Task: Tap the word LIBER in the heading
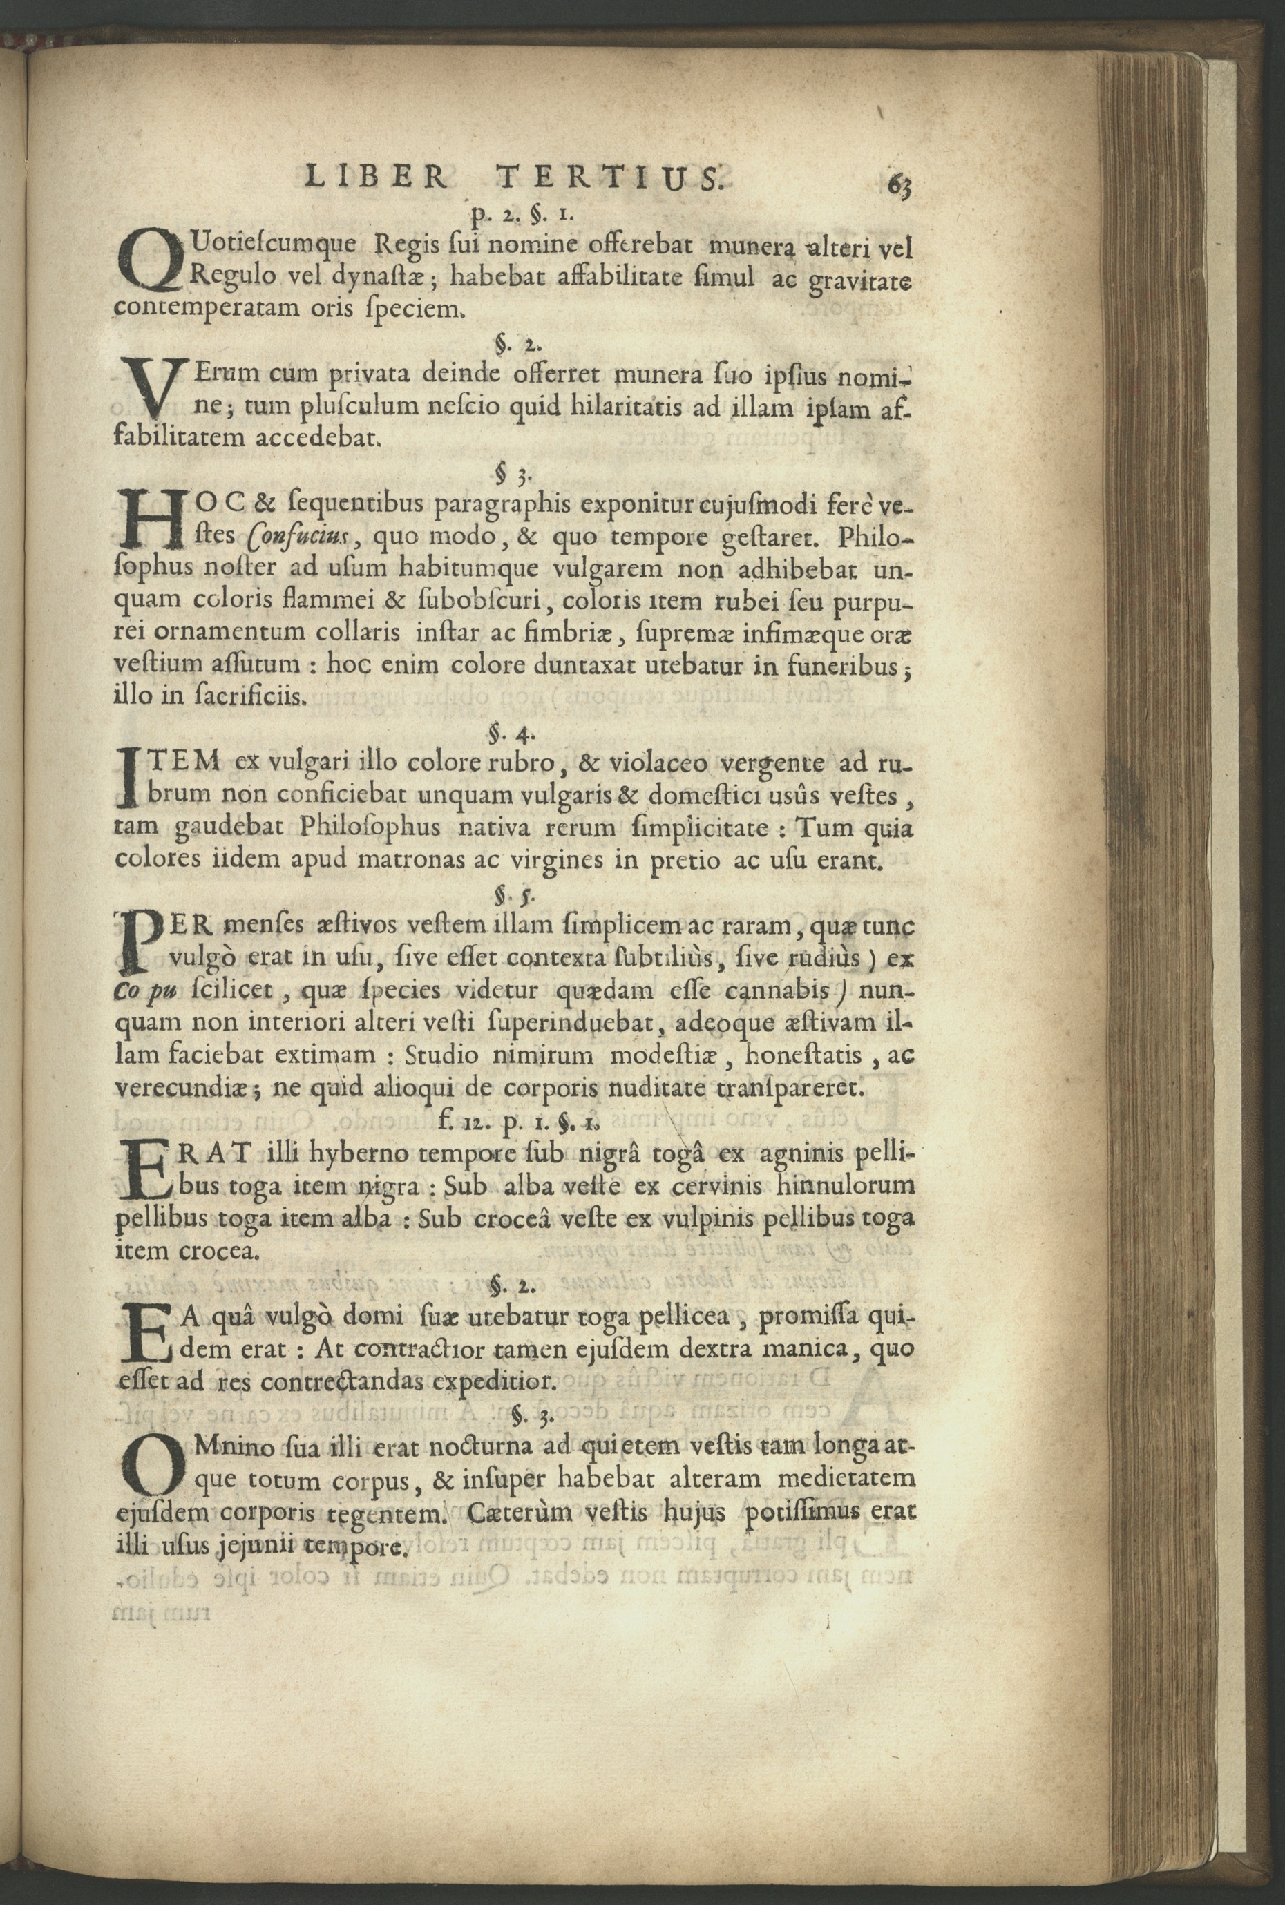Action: click(x=375, y=176)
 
